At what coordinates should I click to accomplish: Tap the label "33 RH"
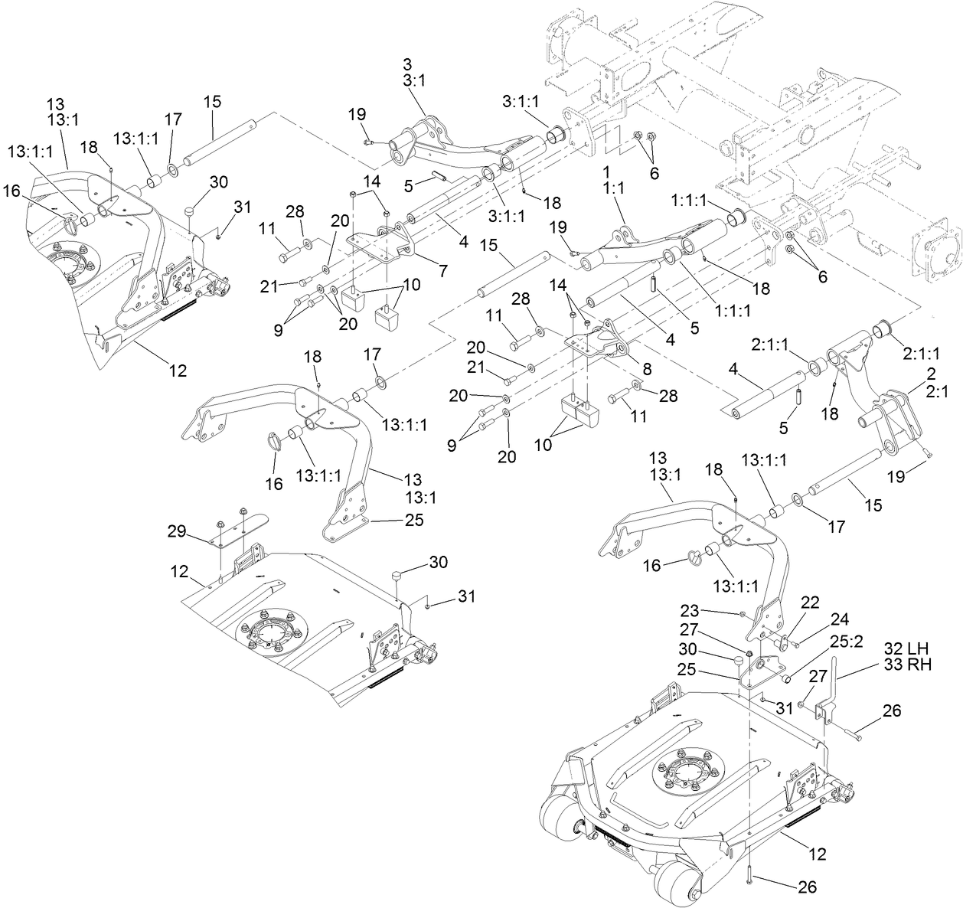908,665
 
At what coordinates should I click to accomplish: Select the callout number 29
177,531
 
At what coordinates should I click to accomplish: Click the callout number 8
647,369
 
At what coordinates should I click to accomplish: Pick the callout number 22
810,602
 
